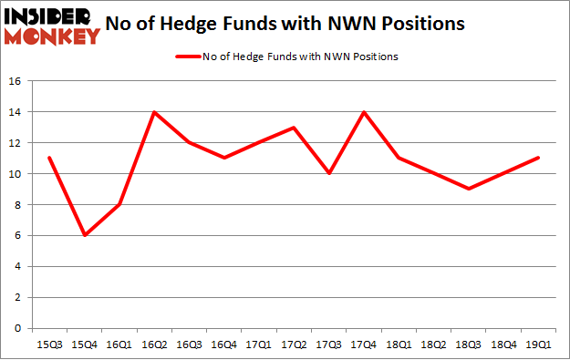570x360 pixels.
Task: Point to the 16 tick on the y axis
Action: [x=15, y=81]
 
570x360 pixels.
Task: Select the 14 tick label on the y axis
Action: [x=15, y=112]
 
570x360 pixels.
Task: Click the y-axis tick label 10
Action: [x=15, y=174]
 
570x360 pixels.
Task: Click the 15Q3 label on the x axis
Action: [x=49, y=345]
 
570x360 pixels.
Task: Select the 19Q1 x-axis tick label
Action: [x=538, y=345]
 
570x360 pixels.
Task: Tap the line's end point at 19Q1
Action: [x=538, y=158]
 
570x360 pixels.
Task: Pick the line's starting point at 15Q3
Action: [x=49, y=158]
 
